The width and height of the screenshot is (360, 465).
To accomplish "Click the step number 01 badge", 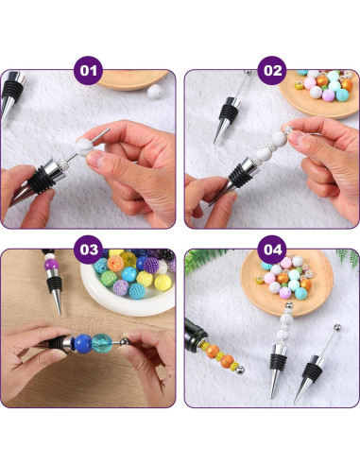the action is coord(88,70).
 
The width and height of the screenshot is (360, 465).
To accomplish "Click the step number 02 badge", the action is coord(272,70).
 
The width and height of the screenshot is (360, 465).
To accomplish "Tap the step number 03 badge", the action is coord(88,250).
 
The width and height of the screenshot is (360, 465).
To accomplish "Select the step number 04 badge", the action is coord(272,250).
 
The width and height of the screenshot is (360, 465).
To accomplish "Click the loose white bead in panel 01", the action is coord(154,92).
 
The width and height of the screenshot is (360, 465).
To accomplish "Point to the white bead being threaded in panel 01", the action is coord(85,148).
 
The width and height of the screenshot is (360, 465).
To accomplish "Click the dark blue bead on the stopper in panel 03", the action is coord(83,344).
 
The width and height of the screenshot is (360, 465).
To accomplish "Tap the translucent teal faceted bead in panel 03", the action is coord(102,343).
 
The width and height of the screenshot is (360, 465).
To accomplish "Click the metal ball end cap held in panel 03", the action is coord(125,342).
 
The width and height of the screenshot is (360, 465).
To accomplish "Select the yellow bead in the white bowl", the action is coord(163,283).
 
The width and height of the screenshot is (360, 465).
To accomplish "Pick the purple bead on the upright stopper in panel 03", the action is coord(51,265).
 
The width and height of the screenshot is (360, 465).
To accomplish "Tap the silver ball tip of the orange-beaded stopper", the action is coord(240,370).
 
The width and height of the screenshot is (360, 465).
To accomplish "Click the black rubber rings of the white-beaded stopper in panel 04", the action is coord(278,362).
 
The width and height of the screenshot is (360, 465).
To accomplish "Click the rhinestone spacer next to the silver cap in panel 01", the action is coord(64,164).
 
